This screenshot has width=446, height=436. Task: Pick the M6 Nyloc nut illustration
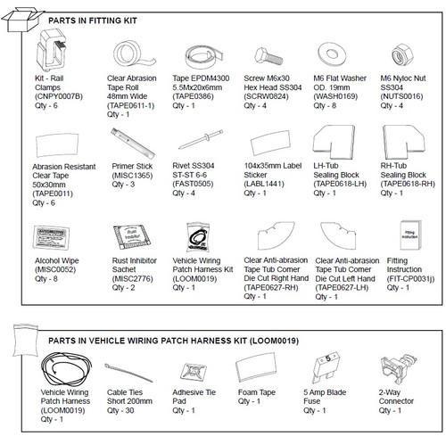coord(401,54)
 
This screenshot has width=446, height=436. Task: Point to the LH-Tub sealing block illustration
coord(334,143)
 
